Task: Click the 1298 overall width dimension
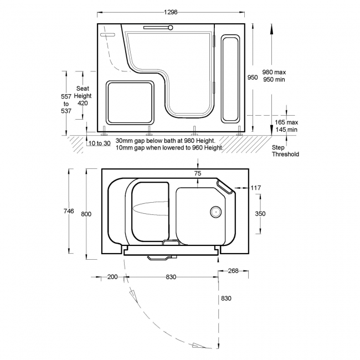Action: (171, 12)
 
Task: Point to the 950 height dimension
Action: (253, 78)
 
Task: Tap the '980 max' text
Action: (274, 72)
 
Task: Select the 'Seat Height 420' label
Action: (83, 96)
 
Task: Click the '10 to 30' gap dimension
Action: (99, 143)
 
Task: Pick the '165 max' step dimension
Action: (286, 122)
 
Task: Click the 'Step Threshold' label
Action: (285, 151)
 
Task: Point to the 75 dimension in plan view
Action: (198, 173)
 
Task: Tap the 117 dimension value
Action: (256, 188)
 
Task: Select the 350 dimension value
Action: (260, 214)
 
